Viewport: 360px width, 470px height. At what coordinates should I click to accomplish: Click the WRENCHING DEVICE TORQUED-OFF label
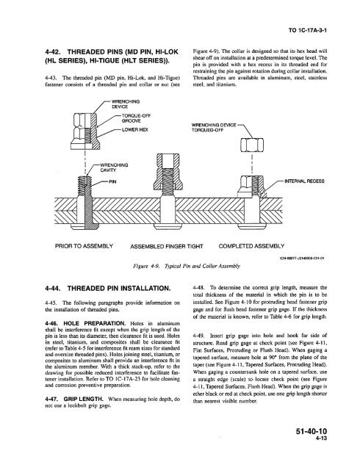pos(213,146)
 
